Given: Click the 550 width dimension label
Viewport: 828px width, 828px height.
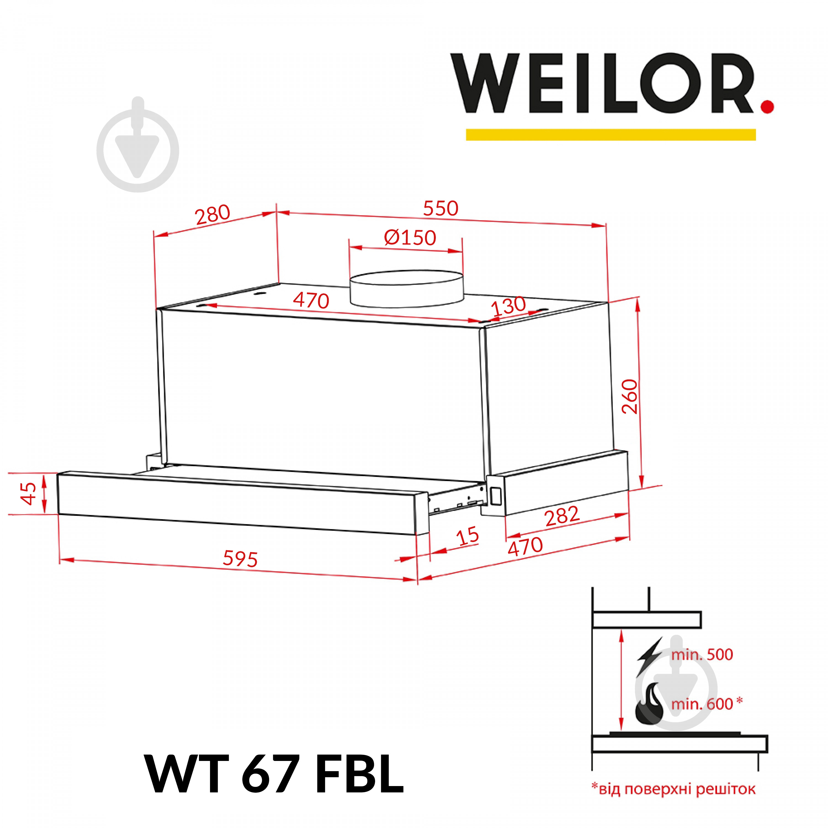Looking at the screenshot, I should (440, 208).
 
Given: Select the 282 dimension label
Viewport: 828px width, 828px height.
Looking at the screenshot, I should (562, 516).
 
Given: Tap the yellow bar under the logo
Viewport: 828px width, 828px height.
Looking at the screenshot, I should (611, 135).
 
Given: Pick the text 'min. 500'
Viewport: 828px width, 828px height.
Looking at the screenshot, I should (702, 655).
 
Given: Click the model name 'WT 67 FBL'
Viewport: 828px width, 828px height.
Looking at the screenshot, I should (275, 775).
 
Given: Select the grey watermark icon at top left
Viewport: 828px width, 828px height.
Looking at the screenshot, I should (137, 144).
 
